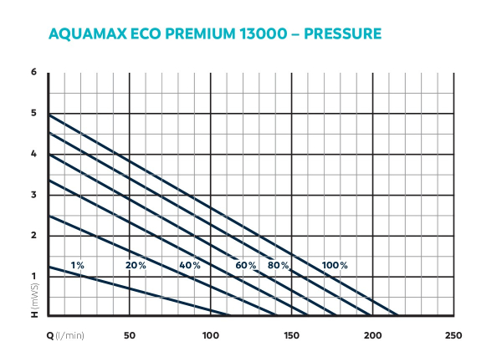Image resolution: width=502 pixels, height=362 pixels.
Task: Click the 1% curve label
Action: click(x=77, y=265)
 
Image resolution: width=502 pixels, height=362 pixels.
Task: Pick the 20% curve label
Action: click(x=136, y=265)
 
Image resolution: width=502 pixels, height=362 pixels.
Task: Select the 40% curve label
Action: click(x=189, y=265)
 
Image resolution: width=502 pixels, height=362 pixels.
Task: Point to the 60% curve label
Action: click(x=245, y=265)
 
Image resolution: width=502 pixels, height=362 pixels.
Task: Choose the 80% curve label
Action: click(x=279, y=265)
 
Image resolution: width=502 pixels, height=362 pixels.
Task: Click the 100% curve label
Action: click(x=335, y=265)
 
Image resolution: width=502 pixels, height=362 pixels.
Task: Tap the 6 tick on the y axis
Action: click(x=34, y=73)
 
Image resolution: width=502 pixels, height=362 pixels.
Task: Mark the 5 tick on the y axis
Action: click(x=34, y=114)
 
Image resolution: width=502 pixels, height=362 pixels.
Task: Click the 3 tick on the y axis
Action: click(x=34, y=195)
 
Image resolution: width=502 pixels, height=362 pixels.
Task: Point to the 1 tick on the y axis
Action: click(x=34, y=276)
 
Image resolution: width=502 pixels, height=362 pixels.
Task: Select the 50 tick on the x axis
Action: click(x=130, y=335)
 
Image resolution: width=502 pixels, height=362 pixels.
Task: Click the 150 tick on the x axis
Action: click(x=291, y=335)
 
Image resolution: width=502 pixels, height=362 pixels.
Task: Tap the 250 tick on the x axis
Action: click(x=453, y=335)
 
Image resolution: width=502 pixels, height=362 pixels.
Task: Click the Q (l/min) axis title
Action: click(x=64, y=335)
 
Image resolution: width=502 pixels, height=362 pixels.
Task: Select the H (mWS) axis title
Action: click(x=35, y=303)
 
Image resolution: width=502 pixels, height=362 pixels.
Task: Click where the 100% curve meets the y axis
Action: click(x=49, y=114)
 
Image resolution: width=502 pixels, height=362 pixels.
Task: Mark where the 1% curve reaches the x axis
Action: click(x=228, y=316)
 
